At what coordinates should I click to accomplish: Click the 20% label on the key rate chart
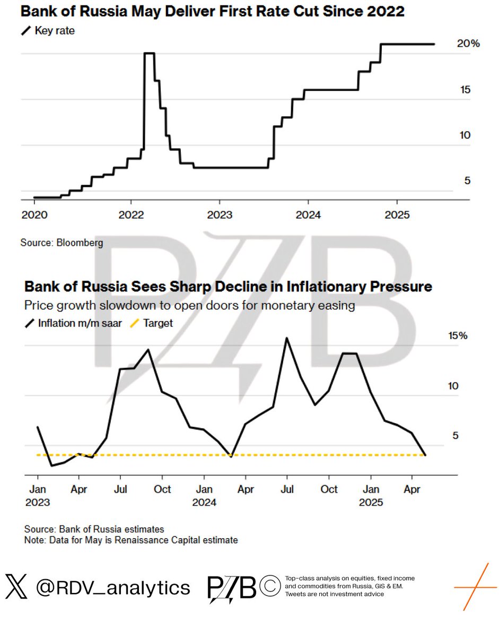[468, 44]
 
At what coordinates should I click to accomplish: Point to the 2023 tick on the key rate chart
[219, 216]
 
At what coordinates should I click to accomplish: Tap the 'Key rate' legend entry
[48, 31]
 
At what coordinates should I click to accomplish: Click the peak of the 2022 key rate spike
[149, 53]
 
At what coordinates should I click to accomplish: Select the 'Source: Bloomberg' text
[62, 243]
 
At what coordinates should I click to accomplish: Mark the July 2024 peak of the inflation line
[287, 338]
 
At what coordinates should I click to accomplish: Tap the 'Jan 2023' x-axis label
[37, 495]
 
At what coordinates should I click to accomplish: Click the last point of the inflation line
[425, 455]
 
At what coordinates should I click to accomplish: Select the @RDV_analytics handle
[113, 588]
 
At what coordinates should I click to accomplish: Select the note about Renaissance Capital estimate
[131, 540]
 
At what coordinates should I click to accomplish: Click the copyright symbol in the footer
[270, 587]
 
